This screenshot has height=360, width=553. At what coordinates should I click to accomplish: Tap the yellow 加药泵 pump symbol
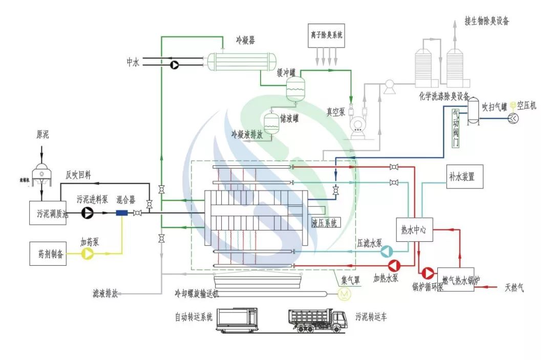(x=88, y=253)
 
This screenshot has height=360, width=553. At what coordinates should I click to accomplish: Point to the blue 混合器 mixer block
(x=121, y=213)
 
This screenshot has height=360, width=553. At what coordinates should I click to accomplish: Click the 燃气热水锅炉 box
(x=455, y=279)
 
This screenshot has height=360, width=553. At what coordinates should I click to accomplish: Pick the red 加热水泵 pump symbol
(x=394, y=265)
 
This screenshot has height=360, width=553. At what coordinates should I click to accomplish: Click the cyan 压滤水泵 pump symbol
(x=387, y=251)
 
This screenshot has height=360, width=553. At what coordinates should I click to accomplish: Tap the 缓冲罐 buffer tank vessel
(x=295, y=88)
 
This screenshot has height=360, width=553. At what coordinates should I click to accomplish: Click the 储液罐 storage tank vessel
(x=270, y=122)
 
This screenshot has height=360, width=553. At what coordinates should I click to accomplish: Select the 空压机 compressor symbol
(x=513, y=118)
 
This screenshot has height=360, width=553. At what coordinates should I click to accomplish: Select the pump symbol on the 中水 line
(x=174, y=65)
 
